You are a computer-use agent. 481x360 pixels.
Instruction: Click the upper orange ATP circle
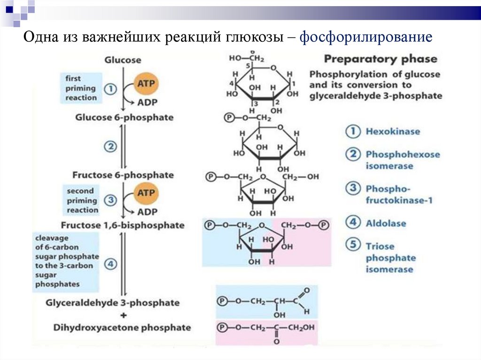click(x=146, y=84)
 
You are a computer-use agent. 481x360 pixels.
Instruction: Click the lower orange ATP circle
click(x=146, y=192)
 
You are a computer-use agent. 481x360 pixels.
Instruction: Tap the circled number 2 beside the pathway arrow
click(x=110, y=147)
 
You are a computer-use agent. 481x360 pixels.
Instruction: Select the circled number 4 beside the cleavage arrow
click(x=110, y=264)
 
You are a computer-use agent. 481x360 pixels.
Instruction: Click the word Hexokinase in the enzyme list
click(x=393, y=132)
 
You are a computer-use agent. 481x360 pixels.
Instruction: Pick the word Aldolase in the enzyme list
click(x=386, y=223)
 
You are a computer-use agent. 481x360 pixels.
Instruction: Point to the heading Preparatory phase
click(x=380, y=59)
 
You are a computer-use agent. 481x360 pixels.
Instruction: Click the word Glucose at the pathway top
click(x=123, y=60)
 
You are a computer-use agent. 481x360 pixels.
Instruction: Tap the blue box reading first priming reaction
click(x=81, y=88)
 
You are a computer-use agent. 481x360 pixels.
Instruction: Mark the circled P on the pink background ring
click(x=323, y=225)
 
